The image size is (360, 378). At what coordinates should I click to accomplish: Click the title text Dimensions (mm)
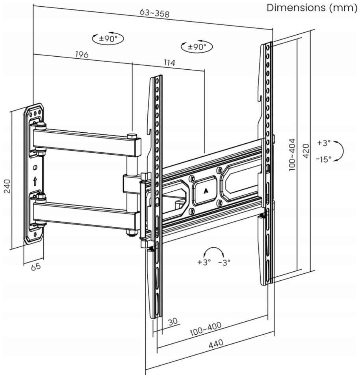(312, 8)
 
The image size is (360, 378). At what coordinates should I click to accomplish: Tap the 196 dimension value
(82, 54)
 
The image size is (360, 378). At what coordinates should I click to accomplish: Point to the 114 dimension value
(169, 63)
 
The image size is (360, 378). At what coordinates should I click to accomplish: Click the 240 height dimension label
(7, 186)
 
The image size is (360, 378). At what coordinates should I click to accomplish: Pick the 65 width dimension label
(36, 267)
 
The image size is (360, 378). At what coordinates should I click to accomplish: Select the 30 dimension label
(173, 321)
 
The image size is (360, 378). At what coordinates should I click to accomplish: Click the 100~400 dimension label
(206, 328)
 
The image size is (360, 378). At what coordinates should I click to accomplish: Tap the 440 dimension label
(216, 344)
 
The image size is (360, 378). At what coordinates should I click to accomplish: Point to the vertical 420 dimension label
(306, 151)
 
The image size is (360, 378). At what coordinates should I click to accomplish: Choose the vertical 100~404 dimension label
(292, 155)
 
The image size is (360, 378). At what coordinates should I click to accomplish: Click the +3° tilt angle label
(324, 143)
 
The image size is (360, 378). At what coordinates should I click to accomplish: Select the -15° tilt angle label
(324, 159)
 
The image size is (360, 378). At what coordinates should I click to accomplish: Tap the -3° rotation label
(224, 262)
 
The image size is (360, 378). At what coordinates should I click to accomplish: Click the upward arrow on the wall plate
(35, 181)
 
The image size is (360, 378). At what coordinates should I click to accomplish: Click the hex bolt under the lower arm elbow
(132, 233)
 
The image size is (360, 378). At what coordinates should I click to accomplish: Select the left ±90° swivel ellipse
(108, 39)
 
